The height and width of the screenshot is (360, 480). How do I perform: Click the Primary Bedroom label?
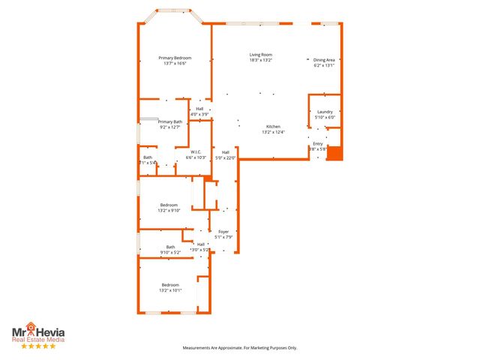(x=174, y=58)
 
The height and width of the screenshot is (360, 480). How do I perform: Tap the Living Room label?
(x=261, y=55)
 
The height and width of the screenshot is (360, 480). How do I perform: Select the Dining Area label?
(x=324, y=60)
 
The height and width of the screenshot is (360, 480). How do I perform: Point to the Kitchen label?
(x=274, y=127)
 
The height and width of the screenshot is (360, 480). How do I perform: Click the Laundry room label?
(x=324, y=112)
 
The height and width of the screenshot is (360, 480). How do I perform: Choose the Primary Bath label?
(x=170, y=121)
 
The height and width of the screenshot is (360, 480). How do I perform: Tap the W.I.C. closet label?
(x=194, y=152)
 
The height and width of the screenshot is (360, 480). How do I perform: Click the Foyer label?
(x=223, y=232)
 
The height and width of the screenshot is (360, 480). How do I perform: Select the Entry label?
(x=318, y=143)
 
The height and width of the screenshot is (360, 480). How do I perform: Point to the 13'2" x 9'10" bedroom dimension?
(x=169, y=211)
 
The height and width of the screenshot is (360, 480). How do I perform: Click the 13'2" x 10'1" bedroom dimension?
(x=171, y=290)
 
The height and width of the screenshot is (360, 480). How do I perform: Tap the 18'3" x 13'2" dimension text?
(x=261, y=60)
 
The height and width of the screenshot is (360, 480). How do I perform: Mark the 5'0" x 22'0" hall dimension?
(x=226, y=157)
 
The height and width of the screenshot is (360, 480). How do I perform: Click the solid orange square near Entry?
(x=334, y=153)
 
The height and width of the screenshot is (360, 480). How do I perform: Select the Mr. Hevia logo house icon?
(x=31, y=327)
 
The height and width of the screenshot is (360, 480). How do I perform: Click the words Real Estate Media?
(x=37, y=340)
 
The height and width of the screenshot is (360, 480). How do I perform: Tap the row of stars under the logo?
(x=37, y=346)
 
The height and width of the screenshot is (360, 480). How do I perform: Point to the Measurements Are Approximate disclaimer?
(x=240, y=348)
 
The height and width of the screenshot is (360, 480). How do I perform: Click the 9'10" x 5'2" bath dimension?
(x=170, y=253)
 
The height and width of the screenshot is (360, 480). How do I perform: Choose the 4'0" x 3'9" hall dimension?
(x=199, y=114)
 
